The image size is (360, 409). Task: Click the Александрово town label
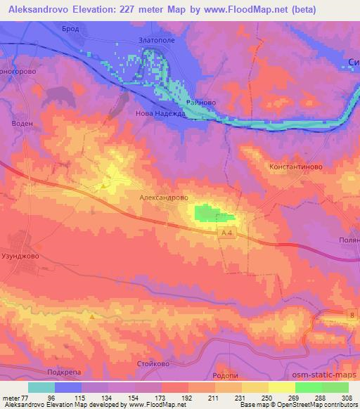(x=164, y=199)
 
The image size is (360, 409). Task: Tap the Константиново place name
(x=295, y=167)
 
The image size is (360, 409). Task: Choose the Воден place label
(x=22, y=122)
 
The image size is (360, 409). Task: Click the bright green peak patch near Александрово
(x=206, y=213)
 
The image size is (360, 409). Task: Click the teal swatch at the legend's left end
(x=41, y=387)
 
